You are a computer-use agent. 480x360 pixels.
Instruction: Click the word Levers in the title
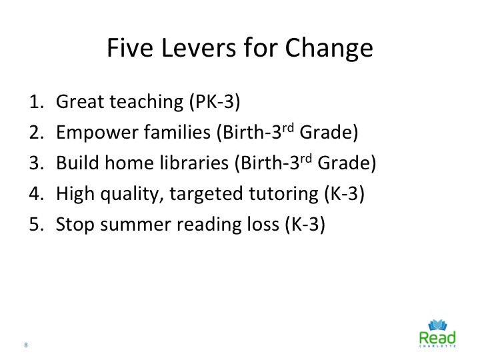[199, 48]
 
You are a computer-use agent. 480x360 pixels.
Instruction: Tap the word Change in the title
[329, 49]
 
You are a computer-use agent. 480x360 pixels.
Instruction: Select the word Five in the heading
[130, 48]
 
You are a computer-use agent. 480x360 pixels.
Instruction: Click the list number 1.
[36, 101]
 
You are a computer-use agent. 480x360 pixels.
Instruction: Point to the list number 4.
[36, 193]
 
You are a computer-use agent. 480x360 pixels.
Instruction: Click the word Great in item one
[80, 101]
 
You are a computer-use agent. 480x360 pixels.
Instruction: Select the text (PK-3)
[215, 101]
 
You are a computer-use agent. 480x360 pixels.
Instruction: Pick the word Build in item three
[78, 162]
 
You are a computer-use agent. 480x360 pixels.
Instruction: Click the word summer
[135, 225]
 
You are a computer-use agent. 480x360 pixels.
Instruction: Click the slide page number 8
[26, 345]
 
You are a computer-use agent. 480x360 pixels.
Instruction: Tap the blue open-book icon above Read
[437, 325]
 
